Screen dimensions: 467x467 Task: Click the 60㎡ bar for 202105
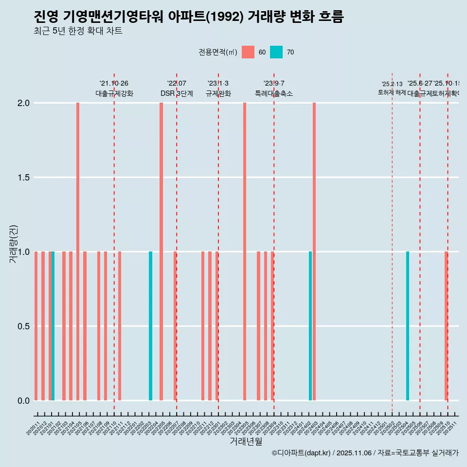[78, 251]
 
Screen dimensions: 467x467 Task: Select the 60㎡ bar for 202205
[161, 251]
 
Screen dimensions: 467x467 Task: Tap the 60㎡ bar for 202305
[245, 251]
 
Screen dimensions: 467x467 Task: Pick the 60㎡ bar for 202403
[314, 251]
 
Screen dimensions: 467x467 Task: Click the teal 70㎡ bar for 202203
[150, 326]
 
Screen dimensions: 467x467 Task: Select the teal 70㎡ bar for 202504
[408, 326]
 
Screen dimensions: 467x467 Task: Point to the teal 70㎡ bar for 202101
[53, 326]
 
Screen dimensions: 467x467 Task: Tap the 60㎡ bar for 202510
[446, 326]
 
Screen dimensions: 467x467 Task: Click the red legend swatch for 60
[248, 52]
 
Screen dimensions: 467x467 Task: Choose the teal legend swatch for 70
[276, 52]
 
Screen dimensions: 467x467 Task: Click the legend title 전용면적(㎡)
[217, 52]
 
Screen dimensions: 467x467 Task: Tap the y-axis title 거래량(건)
[14, 243]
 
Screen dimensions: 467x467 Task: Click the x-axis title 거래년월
[246, 441]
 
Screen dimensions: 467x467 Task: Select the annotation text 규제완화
[218, 94]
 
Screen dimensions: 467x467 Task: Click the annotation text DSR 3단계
[177, 94]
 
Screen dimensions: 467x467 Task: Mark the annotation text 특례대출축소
[274, 94]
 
